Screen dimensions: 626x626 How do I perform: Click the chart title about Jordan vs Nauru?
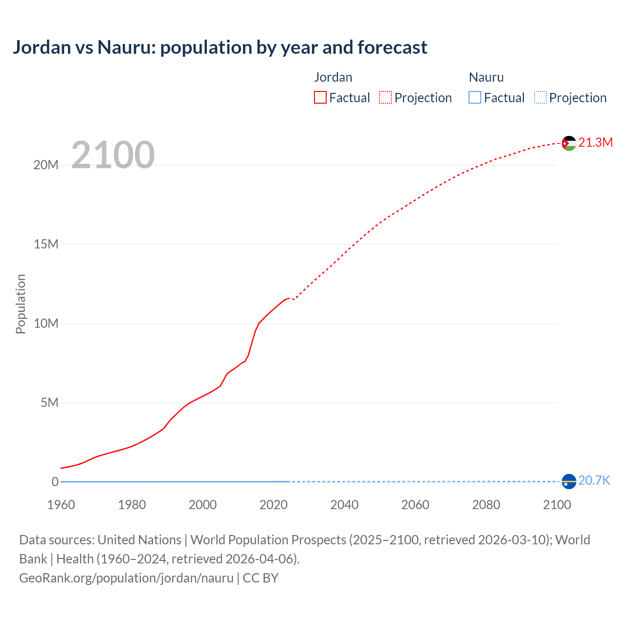(220, 47)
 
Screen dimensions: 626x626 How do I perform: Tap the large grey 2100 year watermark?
(113, 155)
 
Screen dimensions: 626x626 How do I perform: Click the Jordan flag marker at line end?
(569, 143)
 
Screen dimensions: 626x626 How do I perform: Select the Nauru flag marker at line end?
(569, 481)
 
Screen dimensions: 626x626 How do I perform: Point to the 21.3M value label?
(595, 142)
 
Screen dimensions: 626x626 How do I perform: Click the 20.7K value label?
(594, 480)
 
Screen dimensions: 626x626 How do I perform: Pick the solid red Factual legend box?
(320, 97)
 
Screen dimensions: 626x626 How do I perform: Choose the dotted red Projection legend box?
(385, 97)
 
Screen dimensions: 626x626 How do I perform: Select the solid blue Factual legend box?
(475, 97)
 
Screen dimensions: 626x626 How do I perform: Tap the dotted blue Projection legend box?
(540, 97)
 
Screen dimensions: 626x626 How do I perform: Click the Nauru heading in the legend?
(486, 77)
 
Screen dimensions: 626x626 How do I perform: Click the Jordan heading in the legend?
(333, 77)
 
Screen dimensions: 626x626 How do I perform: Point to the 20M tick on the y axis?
(46, 165)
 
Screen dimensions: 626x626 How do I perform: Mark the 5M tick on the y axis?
(49, 402)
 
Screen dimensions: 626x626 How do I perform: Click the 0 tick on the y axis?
(55, 482)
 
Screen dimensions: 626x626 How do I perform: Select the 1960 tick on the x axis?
(61, 505)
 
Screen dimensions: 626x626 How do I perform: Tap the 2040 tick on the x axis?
(344, 505)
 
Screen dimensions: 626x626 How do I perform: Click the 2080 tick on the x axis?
(486, 505)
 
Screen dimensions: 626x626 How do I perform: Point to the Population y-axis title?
(21, 304)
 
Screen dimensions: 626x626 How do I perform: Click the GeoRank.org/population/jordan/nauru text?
(126, 578)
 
